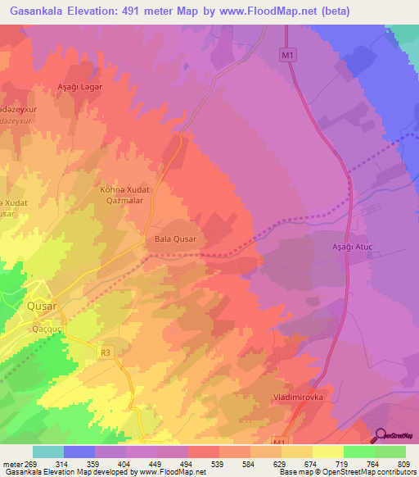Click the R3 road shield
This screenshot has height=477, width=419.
[x=106, y=352]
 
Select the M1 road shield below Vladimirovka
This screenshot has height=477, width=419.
[x=280, y=443]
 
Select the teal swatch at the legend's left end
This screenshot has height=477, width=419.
[x=48, y=452]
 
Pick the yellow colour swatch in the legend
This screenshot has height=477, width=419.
[x=328, y=452]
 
